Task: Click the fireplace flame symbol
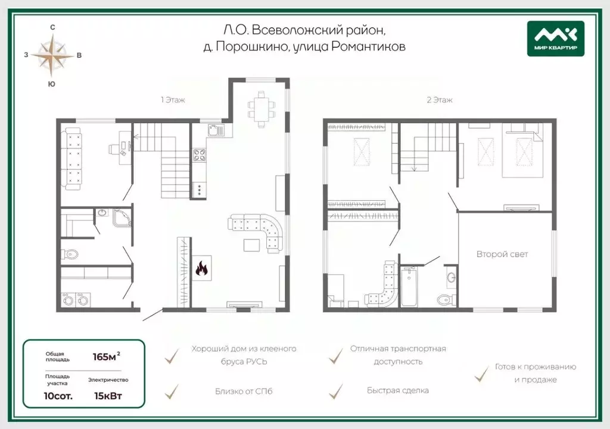(x=201, y=268)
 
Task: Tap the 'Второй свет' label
(x=502, y=254)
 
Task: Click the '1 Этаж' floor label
(x=173, y=100)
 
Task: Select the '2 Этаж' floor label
(x=440, y=100)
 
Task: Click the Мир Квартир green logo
(x=556, y=38)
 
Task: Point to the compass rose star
(x=52, y=55)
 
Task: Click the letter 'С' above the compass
(x=52, y=27)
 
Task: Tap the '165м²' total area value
(x=106, y=356)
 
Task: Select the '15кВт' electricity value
(x=108, y=396)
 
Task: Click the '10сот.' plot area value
(x=58, y=396)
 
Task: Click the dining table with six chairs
(x=262, y=109)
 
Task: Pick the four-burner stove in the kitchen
(x=200, y=155)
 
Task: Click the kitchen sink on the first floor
(x=216, y=130)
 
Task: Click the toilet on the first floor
(x=70, y=254)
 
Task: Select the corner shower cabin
(x=122, y=218)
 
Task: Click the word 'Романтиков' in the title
(x=368, y=46)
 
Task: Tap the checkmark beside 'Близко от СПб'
(x=172, y=391)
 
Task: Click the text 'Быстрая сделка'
(x=397, y=390)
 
